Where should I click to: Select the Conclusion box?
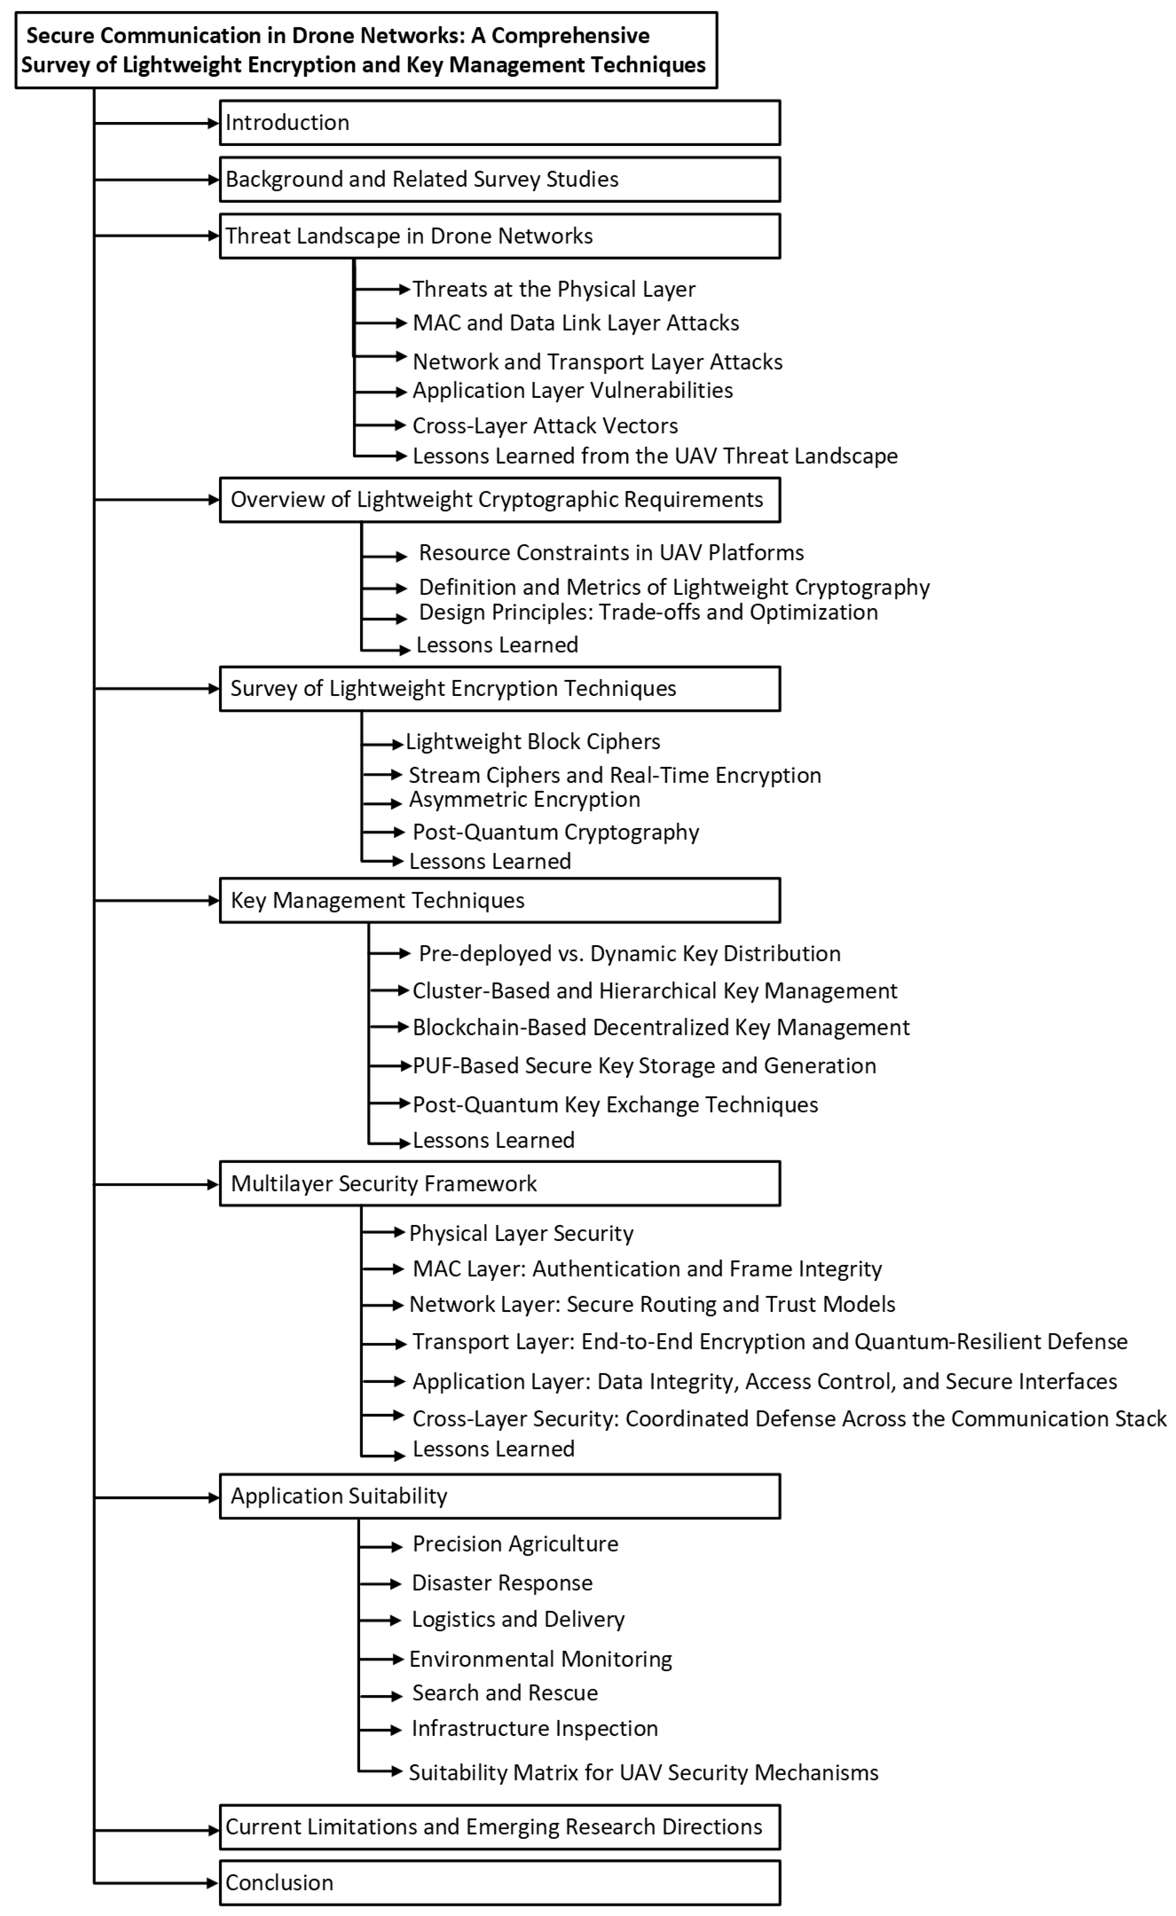point(499,1883)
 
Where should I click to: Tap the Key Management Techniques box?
point(499,900)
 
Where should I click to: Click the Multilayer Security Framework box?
point(499,1184)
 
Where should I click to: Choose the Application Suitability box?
point(499,1496)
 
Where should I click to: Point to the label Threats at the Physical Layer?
point(554,289)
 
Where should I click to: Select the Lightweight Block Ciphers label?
point(533,742)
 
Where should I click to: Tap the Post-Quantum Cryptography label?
point(555,832)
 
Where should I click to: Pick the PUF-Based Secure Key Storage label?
point(644,1065)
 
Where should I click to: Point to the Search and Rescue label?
point(505,1693)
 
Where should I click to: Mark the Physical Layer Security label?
point(521,1233)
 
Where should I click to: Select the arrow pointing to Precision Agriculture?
point(381,1547)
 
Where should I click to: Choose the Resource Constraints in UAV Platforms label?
point(611,553)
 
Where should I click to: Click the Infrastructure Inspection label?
point(534,1728)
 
